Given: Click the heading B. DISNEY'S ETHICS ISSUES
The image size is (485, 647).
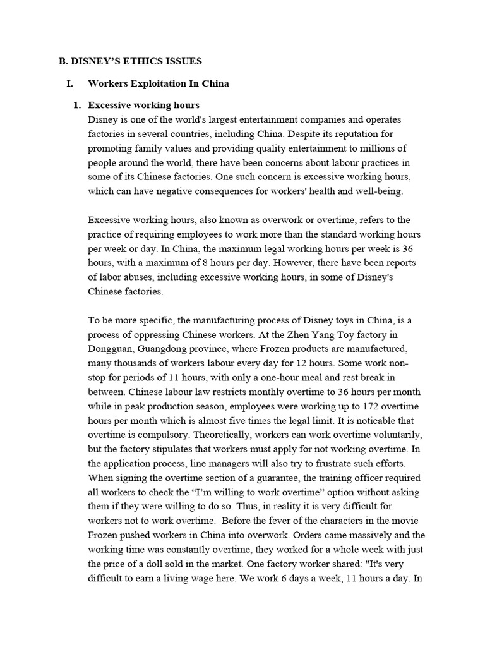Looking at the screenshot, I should [130, 61].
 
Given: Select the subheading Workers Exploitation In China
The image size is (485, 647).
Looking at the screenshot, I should [158, 83].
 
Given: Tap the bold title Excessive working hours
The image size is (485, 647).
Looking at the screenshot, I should [143, 105].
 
